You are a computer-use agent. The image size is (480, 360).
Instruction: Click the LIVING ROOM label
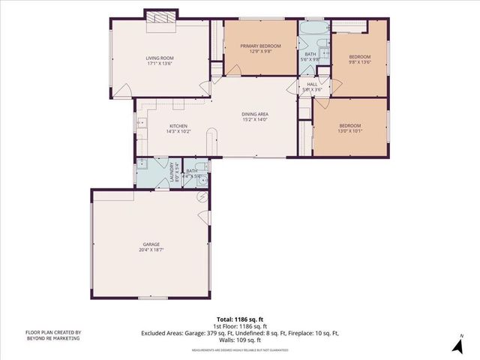coord(160,58)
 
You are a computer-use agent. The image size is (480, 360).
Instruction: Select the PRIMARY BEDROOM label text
coord(260,46)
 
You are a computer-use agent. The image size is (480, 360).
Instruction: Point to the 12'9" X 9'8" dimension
coord(260,52)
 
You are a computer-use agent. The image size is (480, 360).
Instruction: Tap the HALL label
coord(311,84)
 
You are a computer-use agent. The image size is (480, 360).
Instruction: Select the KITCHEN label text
coord(178,125)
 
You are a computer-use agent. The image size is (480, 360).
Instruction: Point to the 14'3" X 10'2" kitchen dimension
coord(178,131)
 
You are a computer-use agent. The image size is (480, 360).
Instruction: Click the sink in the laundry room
coord(142,163)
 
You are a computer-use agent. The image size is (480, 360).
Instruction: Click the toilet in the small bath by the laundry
coord(199,168)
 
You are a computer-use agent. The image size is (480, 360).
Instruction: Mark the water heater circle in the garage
coord(201,197)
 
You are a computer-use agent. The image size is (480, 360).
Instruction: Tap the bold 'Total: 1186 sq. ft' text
coord(239,319)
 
